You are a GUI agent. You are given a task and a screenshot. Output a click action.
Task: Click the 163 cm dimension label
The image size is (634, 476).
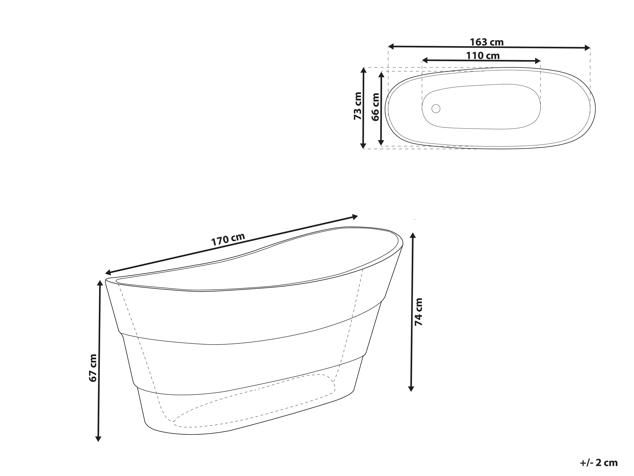coord(487,42)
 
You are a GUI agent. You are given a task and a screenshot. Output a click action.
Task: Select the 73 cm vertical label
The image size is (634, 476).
coord(358,106)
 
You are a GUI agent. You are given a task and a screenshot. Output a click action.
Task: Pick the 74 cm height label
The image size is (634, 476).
coord(419,312)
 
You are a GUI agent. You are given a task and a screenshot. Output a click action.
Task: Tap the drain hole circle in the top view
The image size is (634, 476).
coord(436,109)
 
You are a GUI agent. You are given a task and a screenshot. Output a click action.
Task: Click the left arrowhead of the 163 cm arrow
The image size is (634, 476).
coord(391,46)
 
